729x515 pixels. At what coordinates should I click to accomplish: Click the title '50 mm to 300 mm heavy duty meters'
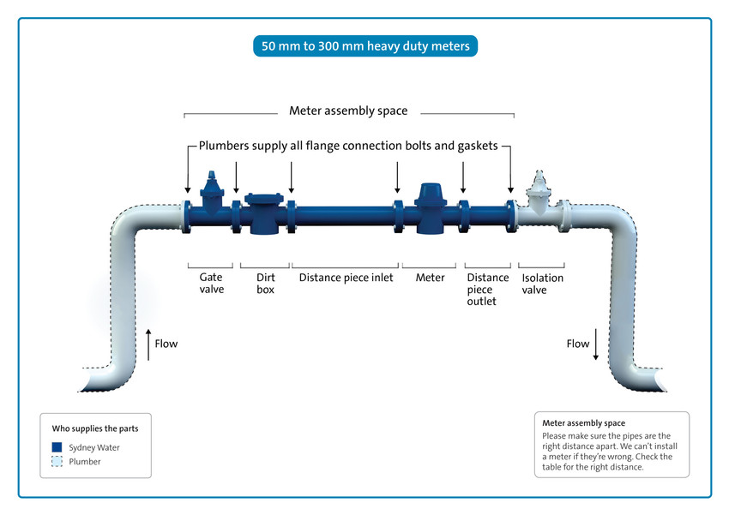[364, 45]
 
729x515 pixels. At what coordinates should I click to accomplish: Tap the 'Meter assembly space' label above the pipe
[348, 111]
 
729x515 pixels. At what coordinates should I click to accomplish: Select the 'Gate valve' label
[211, 284]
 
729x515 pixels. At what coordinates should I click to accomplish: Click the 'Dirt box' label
[265, 284]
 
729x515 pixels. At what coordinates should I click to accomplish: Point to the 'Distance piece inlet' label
[346, 278]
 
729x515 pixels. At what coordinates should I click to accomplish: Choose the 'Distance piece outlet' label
[487, 289]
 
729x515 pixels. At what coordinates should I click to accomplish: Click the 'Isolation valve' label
[542, 284]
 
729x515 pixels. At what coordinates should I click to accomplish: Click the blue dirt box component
[264, 212]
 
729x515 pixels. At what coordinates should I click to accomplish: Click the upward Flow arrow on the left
[148, 344]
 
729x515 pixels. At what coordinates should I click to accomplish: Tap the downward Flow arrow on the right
[596, 344]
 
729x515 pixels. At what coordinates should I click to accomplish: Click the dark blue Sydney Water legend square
[57, 447]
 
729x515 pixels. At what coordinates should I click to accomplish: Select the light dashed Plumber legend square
[57, 462]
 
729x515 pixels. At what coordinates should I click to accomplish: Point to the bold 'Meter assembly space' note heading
[583, 423]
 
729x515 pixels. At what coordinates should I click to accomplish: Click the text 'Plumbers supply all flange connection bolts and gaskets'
[348, 146]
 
